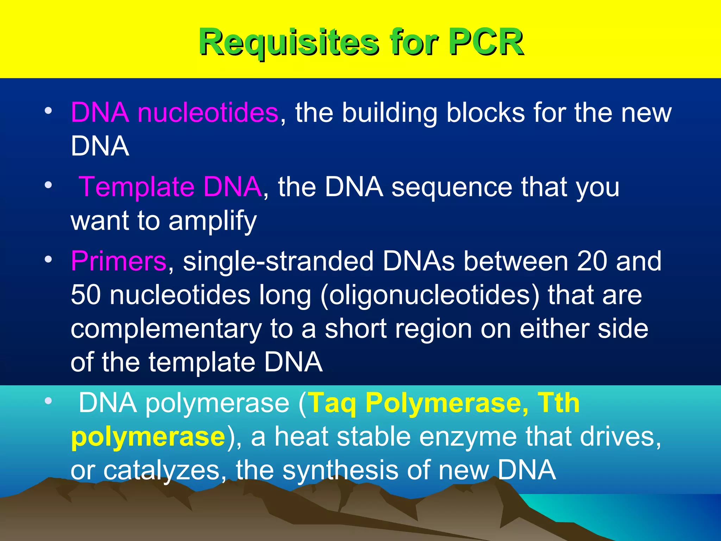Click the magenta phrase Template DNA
(x=170, y=187)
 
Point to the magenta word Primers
(x=119, y=261)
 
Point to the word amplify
(x=213, y=221)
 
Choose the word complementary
(x=166, y=329)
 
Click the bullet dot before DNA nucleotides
(x=48, y=111)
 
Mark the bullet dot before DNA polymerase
(x=48, y=401)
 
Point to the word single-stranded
(x=278, y=261)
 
